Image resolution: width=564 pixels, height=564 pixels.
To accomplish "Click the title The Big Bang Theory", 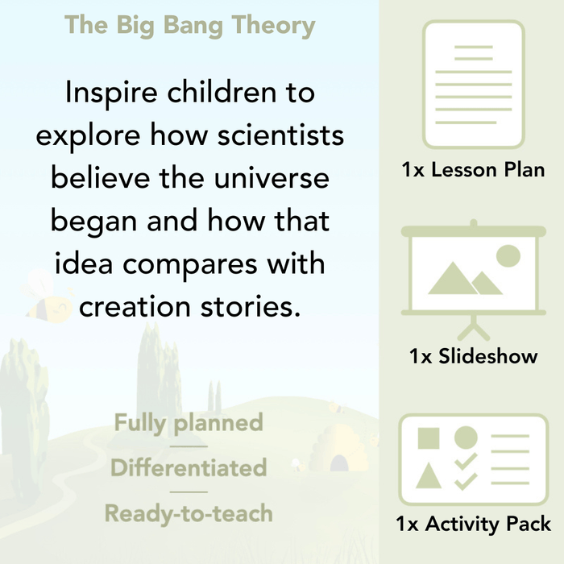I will tap(190, 25).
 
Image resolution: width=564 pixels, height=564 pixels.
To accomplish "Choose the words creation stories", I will tap(190, 306).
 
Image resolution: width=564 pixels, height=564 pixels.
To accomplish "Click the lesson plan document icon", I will tap(473, 84).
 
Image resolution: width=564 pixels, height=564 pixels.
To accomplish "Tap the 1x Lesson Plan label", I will tap(473, 170).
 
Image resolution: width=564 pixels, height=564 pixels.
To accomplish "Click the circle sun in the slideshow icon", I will tap(508, 256).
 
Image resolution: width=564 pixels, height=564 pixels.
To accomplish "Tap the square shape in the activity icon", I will tap(429, 439).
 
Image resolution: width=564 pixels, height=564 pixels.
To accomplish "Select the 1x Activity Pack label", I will tap(473, 525).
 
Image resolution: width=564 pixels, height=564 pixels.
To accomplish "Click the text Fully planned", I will tap(189, 422).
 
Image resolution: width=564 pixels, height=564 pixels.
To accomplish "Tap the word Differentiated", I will tap(189, 468).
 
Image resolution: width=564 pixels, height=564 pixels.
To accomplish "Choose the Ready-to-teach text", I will tap(189, 513).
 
